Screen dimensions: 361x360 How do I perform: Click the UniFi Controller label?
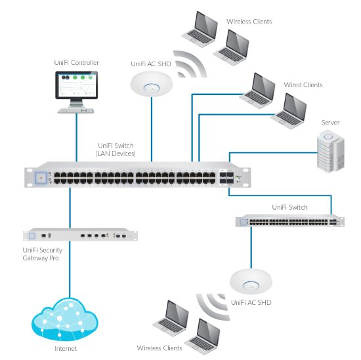click(x=76, y=62)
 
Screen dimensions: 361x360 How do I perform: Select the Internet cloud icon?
click(x=65, y=319)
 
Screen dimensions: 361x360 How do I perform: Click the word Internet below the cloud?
click(x=66, y=349)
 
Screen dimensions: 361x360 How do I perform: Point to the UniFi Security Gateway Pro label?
click(x=43, y=254)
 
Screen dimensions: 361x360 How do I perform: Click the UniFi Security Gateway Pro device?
click(x=80, y=235)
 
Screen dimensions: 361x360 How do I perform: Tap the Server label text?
click(x=330, y=123)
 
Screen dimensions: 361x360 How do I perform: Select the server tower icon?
click(x=331, y=151)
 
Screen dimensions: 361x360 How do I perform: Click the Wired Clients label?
click(x=303, y=85)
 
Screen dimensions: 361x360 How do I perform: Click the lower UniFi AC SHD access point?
click(x=251, y=281)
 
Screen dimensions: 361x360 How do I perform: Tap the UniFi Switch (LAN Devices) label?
click(x=116, y=150)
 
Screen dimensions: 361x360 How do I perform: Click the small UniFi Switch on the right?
click(x=290, y=220)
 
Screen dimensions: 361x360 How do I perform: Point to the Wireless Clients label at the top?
click(x=249, y=22)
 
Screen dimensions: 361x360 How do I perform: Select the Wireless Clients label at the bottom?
click(x=159, y=348)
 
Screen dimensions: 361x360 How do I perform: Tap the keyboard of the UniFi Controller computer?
click(x=75, y=111)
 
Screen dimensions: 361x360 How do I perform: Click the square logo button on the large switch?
click(x=41, y=178)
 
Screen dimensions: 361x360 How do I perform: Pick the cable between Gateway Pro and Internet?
click(x=70, y=269)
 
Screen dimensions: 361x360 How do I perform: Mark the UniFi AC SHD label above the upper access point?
click(x=151, y=64)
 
